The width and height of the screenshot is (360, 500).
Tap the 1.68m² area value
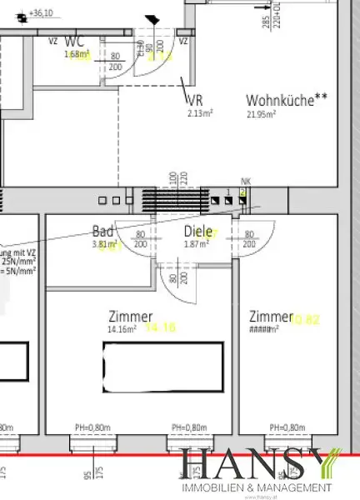(76, 55)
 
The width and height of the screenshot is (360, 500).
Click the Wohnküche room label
(280, 100)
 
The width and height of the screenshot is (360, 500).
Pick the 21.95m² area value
(261, 114)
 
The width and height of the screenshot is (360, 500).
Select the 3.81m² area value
(105, 244)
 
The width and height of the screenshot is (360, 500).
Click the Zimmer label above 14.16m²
(131, 317)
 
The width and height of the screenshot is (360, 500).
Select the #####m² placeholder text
(263, 329)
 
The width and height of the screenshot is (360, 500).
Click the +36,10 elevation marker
(39, 14)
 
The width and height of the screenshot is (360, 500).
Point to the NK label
(245, 181)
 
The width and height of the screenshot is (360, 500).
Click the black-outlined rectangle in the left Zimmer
(162, 366)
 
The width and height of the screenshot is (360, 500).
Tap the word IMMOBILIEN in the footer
(211, 487)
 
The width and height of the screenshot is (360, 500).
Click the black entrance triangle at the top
(152, 19)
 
